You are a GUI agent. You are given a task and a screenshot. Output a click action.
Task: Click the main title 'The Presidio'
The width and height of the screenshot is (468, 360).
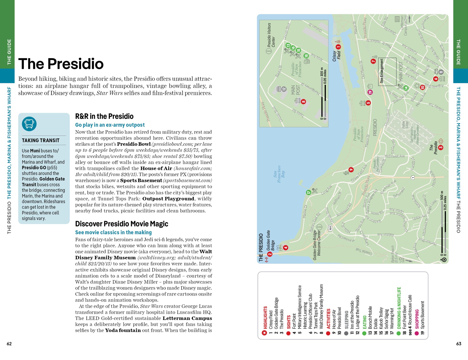click(x=61, y=64)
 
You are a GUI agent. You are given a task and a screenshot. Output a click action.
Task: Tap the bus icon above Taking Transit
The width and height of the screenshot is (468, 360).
click(x=29, y=124)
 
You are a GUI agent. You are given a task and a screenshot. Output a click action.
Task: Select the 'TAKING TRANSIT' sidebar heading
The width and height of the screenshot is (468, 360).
click(x=41, y=140)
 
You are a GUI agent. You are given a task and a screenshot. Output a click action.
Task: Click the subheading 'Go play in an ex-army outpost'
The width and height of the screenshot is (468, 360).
click(x=110, y=125)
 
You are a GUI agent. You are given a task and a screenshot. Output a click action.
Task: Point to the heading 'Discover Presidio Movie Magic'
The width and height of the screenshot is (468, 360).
click(x=121, y=224)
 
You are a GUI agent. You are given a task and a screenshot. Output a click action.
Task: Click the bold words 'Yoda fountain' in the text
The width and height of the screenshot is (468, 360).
click(x=123, y=330)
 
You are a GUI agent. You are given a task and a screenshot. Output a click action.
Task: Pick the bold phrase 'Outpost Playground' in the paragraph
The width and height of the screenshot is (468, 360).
click(x=168, y=199)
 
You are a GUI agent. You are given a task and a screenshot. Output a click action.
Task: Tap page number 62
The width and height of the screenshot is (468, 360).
click(x=9, y=344)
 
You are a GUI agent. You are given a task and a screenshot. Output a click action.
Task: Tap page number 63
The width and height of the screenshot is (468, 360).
click(x=459, y=344)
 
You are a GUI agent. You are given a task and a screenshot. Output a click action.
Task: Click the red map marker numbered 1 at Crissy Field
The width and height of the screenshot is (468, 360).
click(x=338, y=47)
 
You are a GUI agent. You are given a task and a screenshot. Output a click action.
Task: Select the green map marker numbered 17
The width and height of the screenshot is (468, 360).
click(x=309, y=193)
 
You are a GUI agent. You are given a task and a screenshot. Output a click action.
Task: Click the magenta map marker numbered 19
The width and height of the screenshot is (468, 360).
click(x=370, y=92)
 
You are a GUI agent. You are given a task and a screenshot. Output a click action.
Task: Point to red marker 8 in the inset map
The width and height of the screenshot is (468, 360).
click(x=303, y=102)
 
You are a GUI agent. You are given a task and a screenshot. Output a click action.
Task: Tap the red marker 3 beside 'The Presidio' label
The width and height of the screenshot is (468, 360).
click(x=440, y=147)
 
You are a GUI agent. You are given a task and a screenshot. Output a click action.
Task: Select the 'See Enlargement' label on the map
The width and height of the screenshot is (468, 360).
click(x=382, y=71)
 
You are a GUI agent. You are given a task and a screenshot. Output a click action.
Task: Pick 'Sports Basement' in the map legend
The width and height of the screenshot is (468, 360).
click(x=422, y=318)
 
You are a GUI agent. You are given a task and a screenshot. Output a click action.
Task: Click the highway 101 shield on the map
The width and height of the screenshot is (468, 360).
click(x=330, y=228)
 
